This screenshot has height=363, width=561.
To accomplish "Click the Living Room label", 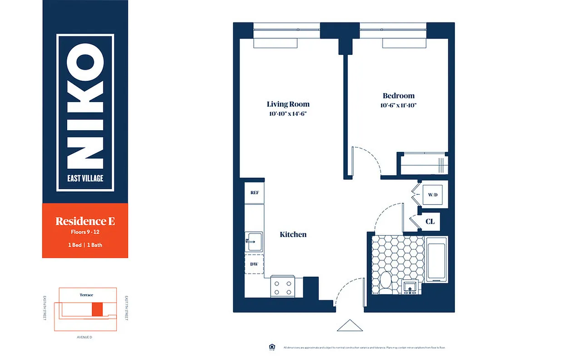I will (288, 104).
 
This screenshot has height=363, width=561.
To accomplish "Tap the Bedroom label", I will (399, 96).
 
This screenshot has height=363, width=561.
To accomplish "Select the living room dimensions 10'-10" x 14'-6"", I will (288, 114).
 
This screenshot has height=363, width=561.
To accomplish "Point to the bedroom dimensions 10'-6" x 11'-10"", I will (399, 105).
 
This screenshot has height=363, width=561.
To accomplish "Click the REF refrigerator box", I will (254, 192).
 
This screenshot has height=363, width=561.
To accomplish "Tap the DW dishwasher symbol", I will (254, 264).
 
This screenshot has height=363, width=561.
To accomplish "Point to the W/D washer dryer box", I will (433, 195).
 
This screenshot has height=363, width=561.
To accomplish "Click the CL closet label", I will (430, 221).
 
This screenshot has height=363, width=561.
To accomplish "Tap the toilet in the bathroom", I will (385, 281).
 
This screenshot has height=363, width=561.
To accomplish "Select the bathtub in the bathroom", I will (436, 262).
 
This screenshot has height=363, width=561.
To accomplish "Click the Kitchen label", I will (293, 235).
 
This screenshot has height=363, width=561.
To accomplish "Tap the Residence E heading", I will (85, 221).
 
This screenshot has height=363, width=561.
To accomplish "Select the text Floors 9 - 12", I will (85, 232).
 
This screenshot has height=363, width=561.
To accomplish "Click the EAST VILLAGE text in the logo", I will (85, 178).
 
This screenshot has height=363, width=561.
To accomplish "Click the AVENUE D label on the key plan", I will (85, 337).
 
